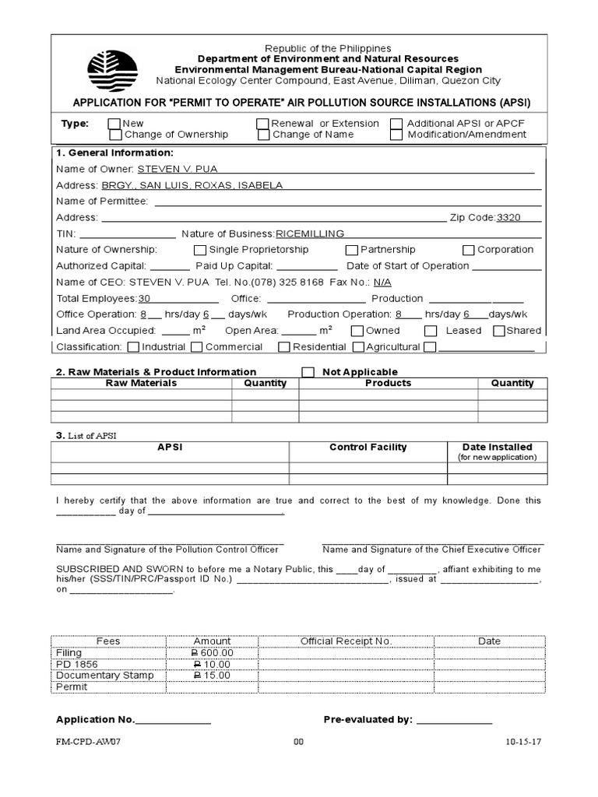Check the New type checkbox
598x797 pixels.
[x=114, y=124]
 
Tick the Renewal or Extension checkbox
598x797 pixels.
[x=262, y=124]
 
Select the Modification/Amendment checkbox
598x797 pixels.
[x=396, y=135]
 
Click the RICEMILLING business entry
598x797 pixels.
[x=310, y=233]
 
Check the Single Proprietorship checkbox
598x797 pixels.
[x=200, y=250]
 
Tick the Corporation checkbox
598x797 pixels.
[x=468, y=250]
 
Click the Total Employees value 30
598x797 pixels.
[x=144, y=299]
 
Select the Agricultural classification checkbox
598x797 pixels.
[x=358, y=347]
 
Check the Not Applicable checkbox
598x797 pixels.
[x=308, y=372]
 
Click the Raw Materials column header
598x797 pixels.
[x=141, y=383]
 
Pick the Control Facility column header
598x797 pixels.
[x=368, y=448]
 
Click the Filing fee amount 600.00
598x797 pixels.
[x=213, y=653]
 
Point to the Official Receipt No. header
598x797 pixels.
[x=346, y=641]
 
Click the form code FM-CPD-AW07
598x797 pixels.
[x=88, y=742]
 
